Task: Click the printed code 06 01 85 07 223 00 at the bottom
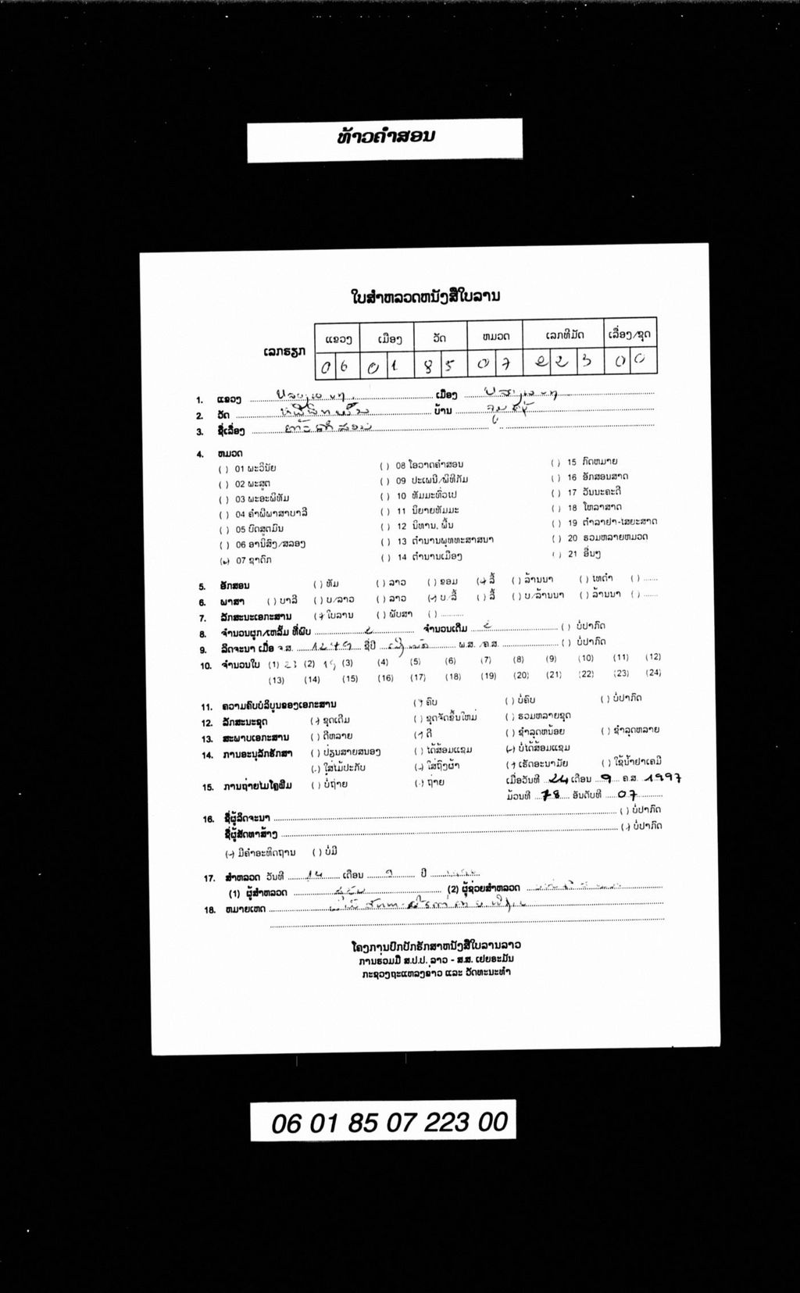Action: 389,1123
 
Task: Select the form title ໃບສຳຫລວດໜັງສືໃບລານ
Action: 425,297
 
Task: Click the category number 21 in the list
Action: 573,554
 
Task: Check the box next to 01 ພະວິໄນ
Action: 224,469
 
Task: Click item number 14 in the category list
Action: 402,557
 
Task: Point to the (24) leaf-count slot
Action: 654,673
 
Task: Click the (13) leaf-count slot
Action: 276,680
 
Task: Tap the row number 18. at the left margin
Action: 209,910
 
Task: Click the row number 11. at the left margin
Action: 206,706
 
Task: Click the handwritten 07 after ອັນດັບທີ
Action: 627,795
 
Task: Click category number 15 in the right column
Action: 572,462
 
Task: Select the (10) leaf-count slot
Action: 586,659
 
